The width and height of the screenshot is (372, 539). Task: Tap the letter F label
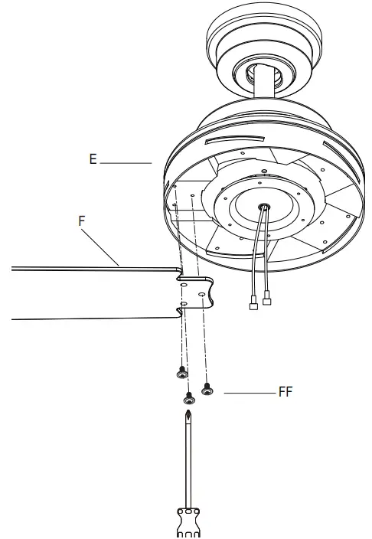click(83, 219)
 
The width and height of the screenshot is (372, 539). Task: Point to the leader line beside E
click(126, 162)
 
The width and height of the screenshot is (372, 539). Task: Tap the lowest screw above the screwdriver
click(188, 398)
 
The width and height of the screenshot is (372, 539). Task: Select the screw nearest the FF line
click(205, 390)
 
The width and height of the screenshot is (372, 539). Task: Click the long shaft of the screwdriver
click(188, 467)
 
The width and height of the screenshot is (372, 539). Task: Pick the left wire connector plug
click(253, 304)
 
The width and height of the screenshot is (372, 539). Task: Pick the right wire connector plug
click(267, 302)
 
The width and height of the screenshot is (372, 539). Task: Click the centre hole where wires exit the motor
click(263, 206)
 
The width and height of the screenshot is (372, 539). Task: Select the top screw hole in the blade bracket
click(184, 282)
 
